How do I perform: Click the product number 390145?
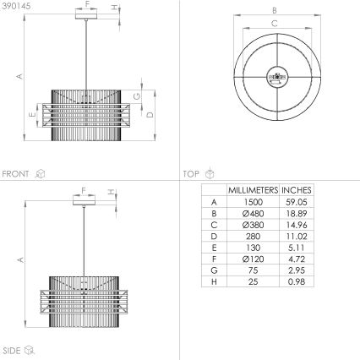17,5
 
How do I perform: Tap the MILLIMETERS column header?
252,190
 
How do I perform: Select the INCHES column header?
297,190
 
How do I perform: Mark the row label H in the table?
214,283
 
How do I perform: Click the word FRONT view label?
16,174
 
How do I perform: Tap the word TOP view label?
190,174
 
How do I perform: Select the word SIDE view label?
12,350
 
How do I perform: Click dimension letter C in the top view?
273,23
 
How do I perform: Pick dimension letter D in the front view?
150,114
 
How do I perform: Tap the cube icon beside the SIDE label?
30,350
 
